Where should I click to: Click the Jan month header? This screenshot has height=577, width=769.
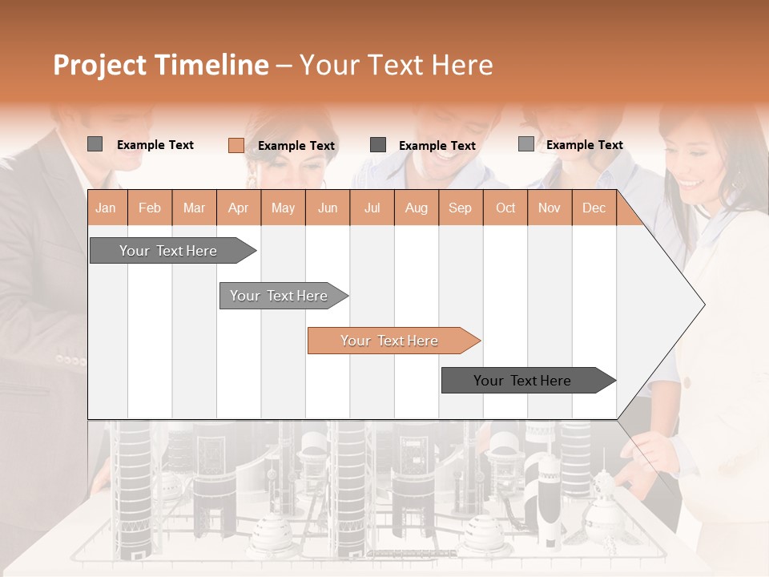point(107,208)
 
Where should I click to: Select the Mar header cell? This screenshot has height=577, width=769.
point(194,208)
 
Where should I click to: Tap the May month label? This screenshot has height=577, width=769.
point(283,208)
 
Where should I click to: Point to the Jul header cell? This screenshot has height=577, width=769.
point(372,208)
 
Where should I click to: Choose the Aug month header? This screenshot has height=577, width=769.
point(416,208)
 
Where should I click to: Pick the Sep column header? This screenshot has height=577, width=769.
point(460,208)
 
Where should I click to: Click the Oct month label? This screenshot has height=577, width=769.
point(505,208)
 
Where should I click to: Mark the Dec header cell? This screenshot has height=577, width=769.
point(594,208)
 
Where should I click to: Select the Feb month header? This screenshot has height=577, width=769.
point(150,208)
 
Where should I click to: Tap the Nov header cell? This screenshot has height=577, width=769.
point(549,208)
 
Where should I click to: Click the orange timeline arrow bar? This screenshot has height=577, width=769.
point(393,341)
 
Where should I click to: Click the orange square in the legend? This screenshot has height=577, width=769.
point(236,145)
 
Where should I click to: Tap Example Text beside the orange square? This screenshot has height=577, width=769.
point(296,145)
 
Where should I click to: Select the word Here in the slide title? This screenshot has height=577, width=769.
point(462,65)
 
